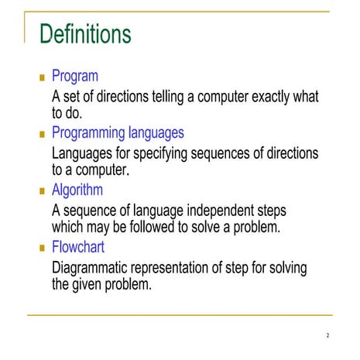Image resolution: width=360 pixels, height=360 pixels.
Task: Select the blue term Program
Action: (74, 76)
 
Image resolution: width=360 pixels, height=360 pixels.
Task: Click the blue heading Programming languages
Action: (118, 132)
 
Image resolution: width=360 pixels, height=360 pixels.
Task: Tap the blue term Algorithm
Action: (77, 190)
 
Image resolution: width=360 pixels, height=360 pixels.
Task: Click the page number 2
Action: (327, 336)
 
